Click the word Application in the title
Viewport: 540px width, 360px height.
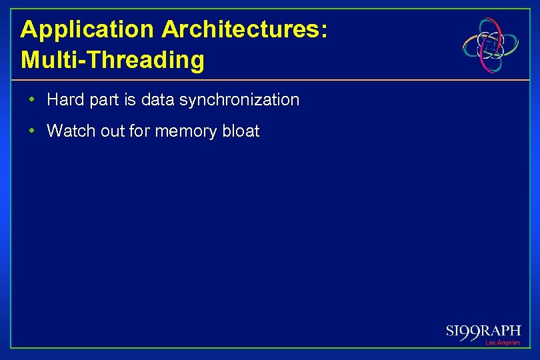[87, 30]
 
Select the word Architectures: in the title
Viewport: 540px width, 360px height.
[244, 30]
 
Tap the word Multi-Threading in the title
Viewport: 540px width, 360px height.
[113, 60]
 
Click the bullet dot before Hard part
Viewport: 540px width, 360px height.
[32, 100]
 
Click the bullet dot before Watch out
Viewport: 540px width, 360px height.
[32, 131]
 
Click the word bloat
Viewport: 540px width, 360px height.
[241, 131]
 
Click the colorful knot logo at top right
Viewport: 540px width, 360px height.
[491, 45]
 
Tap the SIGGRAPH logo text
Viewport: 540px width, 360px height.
[483, 331]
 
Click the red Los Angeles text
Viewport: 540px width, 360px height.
[503, 343]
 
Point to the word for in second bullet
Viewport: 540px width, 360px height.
[139, 131]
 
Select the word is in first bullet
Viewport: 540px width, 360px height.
[129, 100]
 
